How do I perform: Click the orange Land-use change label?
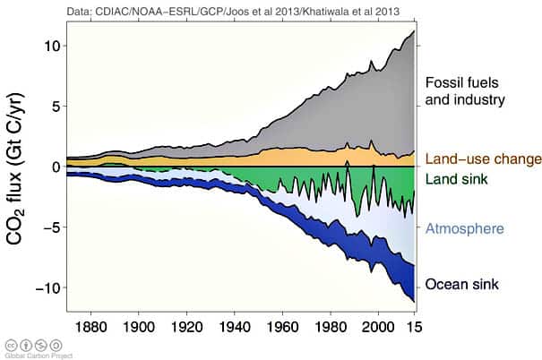[x=483, y=160]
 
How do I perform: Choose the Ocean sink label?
[x=460, y=285]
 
